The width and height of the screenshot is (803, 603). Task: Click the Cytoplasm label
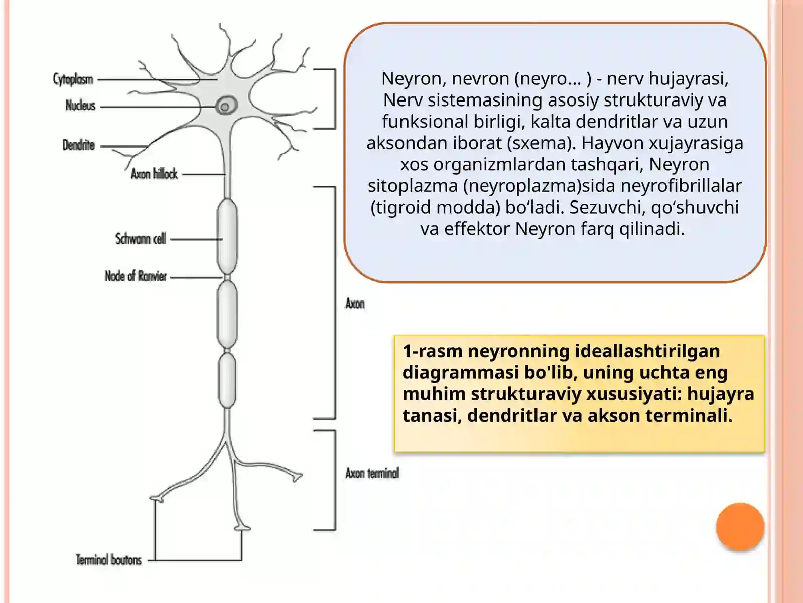73,79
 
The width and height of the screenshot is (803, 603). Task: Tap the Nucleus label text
80,106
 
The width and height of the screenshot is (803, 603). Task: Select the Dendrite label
79,145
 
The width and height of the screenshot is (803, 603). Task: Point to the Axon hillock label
154,174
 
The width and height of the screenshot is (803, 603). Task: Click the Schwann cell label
141,239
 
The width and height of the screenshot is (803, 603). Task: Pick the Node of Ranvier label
136,276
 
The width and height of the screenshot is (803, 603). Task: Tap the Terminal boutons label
108,560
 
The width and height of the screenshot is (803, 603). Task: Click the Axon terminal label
372,473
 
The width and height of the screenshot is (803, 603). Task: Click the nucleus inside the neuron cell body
226,106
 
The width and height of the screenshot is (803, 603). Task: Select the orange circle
740,527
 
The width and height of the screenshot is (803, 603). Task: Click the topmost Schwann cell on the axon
227,237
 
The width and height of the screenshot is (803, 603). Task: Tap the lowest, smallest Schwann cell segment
227,380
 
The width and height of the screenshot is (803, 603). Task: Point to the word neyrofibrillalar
681,185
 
